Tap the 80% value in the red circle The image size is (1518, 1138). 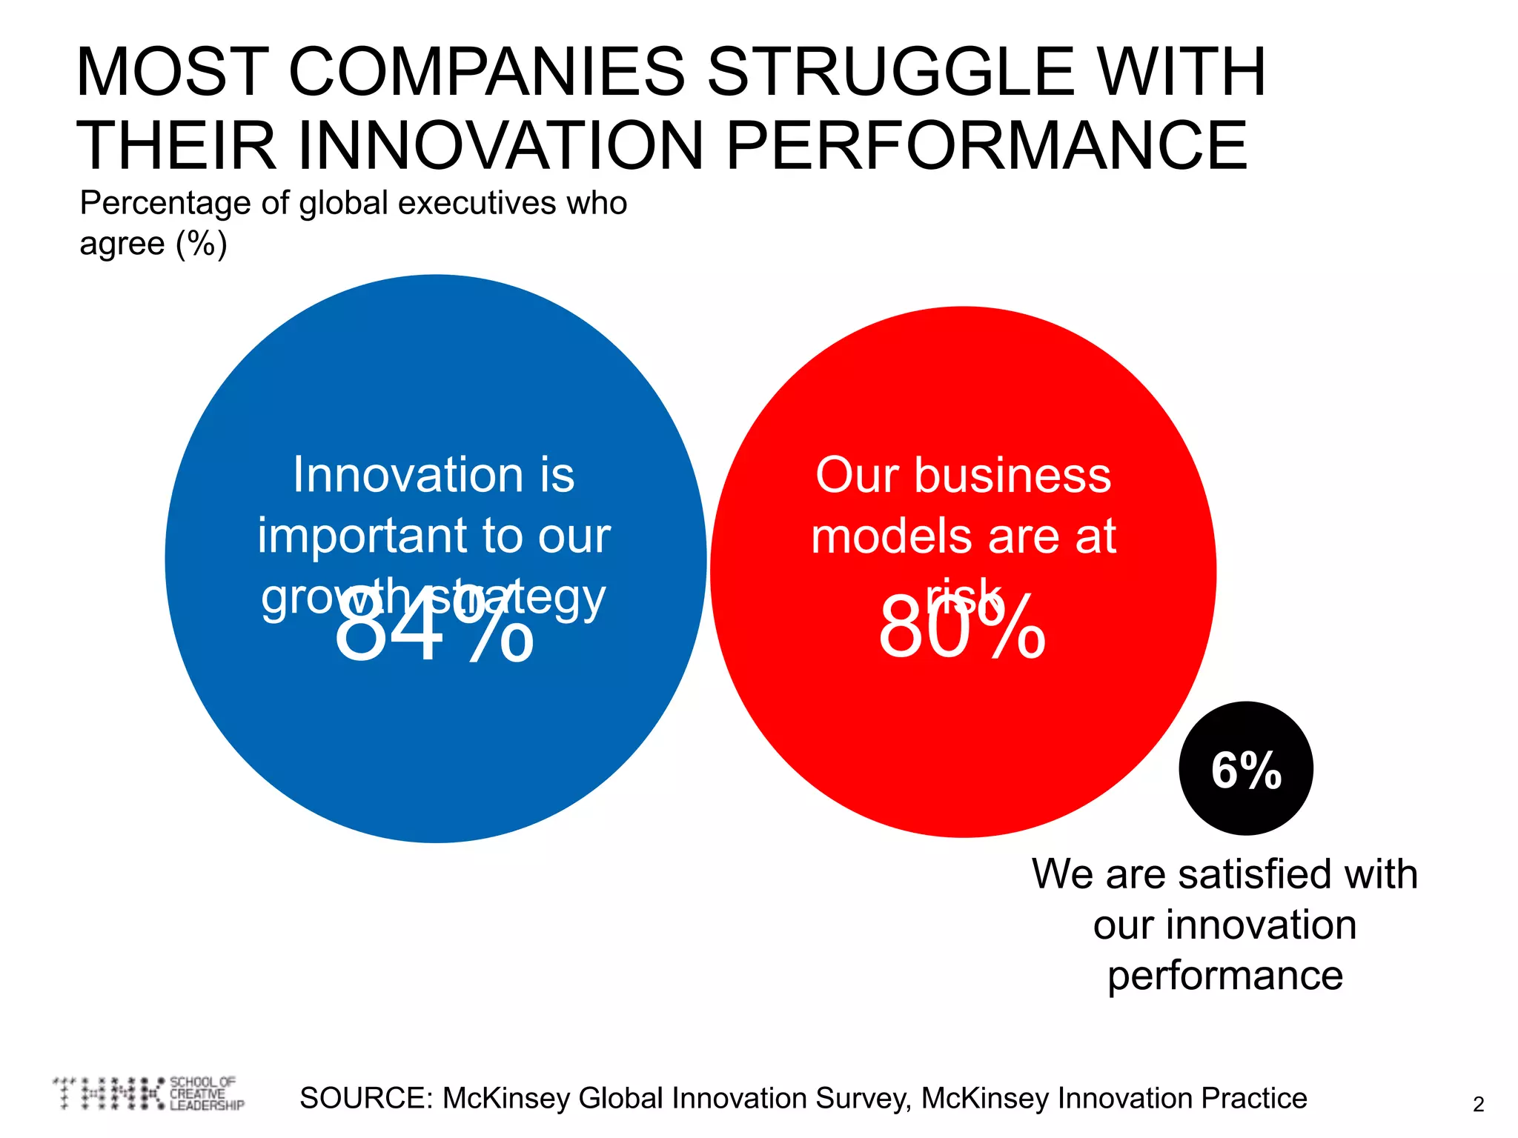coord(962,627)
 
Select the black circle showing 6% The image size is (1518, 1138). coord(1246,769)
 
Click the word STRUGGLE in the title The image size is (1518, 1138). coord(889,72)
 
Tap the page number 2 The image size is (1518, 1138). coord(1478,1105)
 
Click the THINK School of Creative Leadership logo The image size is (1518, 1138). coord(148,1094)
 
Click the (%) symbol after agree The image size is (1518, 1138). coord(201,244)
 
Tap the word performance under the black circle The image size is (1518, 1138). coord(1225,976)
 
